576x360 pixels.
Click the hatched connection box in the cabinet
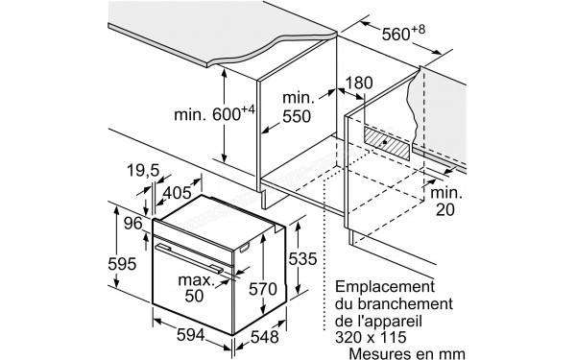pos(387,145)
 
